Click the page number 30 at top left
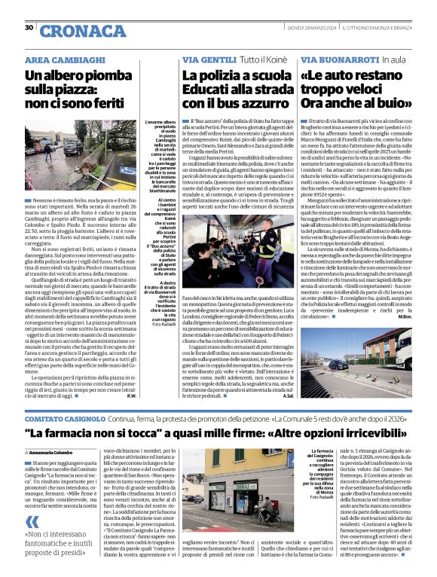coord(29,29)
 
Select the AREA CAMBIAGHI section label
coord(65,59)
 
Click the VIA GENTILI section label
coord(208,59)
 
